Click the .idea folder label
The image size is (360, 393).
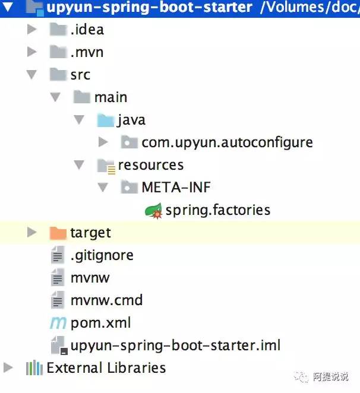pyautogui.click(x=87, y=30)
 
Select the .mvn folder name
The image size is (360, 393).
pyautogui.click(x=87, y=52)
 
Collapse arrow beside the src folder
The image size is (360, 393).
pyautogui.click(x=32, y=75)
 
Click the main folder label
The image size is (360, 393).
pyautogui.click(x=110, y=97)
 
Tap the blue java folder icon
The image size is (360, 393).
pyautogui.click(x=105, y=120)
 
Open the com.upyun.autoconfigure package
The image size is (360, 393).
pyautogui.click(x=227, y=142)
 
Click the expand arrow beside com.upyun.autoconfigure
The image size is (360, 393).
pyautogui.click(x=103, y=142)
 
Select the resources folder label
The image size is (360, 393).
pyautogui.click(x=151, y=165)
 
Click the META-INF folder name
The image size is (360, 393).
pyautogui.click(x=176, y=187)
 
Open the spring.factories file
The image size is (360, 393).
pyautogui.click(x=218, y=210)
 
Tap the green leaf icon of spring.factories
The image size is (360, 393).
pyautogui.click(x=153, y=211)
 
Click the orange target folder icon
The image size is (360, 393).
pyautogui.click(x=58, y=233)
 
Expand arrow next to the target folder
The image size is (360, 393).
pyautogui.click(x=32, y=232)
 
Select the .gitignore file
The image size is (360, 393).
pyautogui.click(x=102, y=255)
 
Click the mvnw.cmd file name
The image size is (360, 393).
pyautogui.click(x=106, y=300)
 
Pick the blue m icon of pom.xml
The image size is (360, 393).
pyautogui.click(x=58, y=323)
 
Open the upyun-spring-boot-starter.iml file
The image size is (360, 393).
pyautogui.click(x=175, y=346)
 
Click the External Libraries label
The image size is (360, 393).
pyautogui.click(x=106, y=368)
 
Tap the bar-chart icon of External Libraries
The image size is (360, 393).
pyautogui.click(x=34, y=368)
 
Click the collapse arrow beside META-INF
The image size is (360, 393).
pyautogui.click(x=103, y=188)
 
